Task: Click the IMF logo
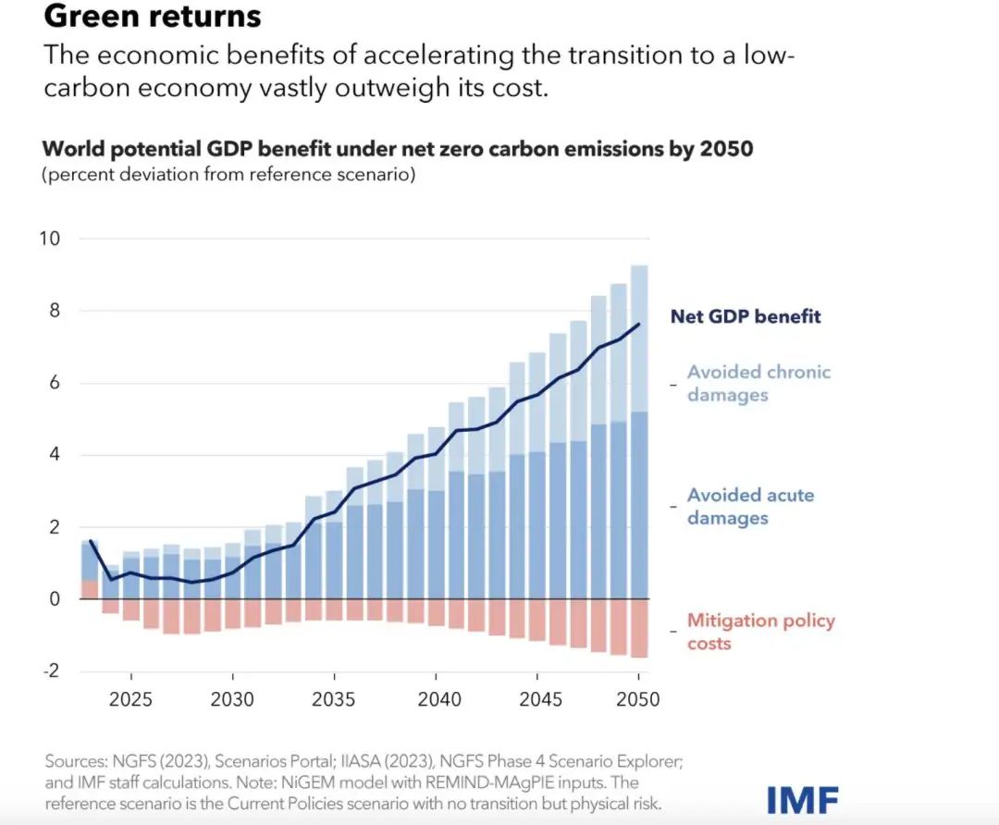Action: [x=802, y=799]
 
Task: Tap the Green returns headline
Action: [x=153, y=16]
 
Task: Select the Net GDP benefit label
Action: [x=746, y=316]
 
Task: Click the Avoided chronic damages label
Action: [x=758, y=383]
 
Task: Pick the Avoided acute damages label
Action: [x=750, y=506]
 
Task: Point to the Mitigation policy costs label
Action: [x=760, y=631]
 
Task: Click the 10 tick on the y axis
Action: [x=49, y=239]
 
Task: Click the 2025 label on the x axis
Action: [x=131, y=699]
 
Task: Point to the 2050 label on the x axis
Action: [x=637, y=699]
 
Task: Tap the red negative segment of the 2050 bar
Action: [x=638, y=629]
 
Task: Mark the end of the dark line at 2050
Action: [x=638, y=325]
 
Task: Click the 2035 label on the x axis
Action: [x=334, y=699]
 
